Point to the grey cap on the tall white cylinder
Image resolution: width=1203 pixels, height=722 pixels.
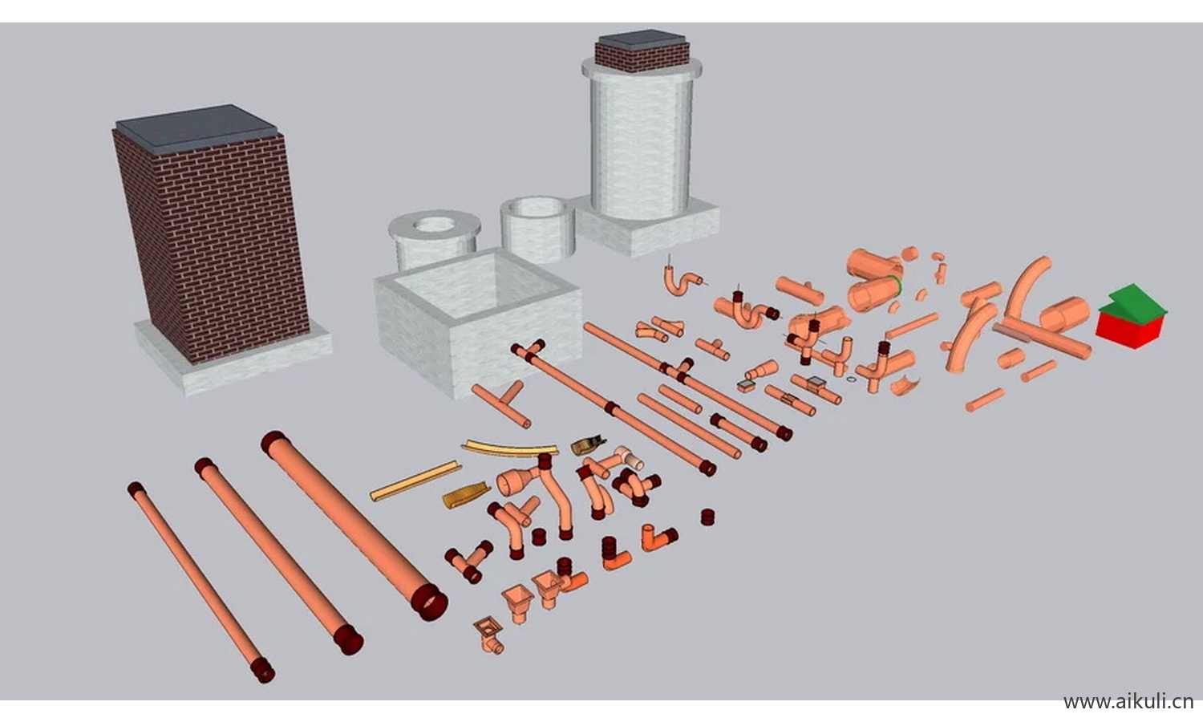click(642, 39)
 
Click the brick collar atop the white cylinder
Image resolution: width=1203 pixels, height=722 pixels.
click(642, 57)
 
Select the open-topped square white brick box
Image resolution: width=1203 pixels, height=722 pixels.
click(478, 322)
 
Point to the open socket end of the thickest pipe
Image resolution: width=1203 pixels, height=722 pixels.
click(430, 602)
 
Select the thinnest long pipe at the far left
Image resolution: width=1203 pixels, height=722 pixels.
click(201, 582)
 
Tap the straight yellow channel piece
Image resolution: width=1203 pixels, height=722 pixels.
click(415, 481)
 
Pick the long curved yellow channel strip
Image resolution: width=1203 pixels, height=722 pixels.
click(509, 448)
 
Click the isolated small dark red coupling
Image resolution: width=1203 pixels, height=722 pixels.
click(708, 517)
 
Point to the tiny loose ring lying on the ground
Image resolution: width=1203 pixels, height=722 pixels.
click(851, 379)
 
